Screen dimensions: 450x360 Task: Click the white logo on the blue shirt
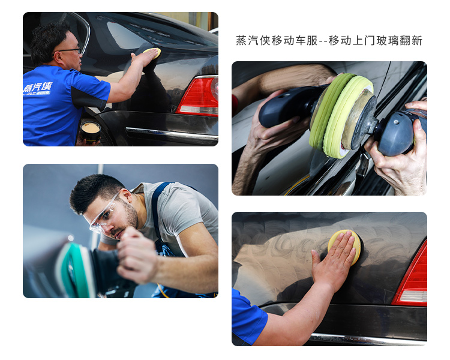pyautogui.click(x=37, y=88)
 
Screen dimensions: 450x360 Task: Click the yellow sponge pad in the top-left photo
pyautogui.click(x=152, y=53)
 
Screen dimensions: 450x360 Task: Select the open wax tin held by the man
pyautogui.click(x=90, y=132)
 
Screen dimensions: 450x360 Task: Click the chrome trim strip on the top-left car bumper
pyautogui.click(x=172, y=134)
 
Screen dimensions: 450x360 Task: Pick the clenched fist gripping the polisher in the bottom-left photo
pyautogui.click(x=137, y=256)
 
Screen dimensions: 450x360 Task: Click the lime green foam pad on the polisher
pyautogui.click(x=340, y=115)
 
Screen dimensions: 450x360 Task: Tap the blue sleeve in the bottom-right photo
pyautogui.click(x=248, y=316)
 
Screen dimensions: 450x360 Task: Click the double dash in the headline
pyautogui.click(x=323, y=41)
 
